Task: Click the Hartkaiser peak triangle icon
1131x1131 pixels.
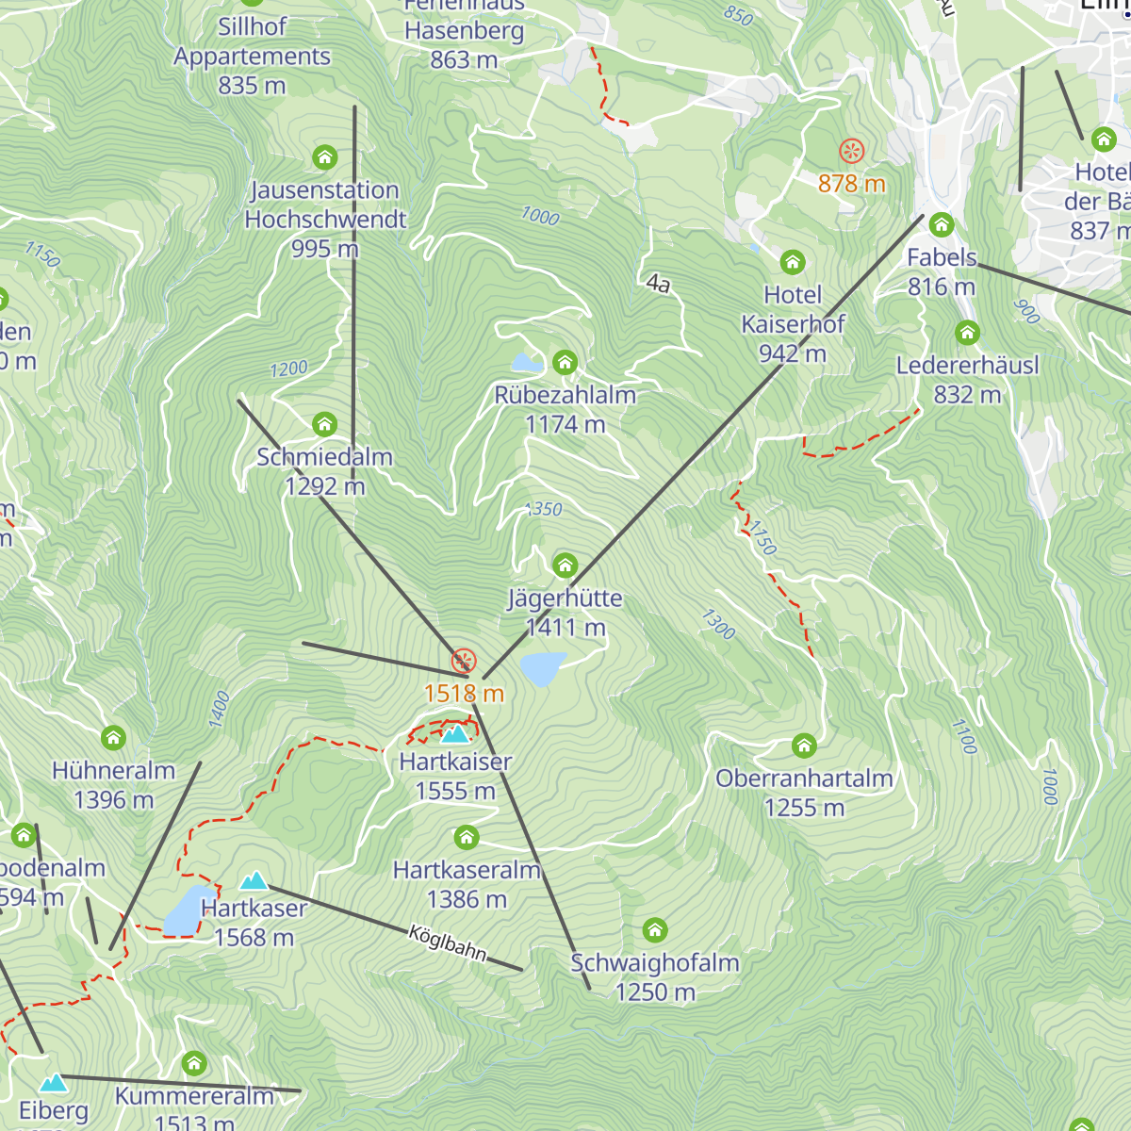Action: [455, 733]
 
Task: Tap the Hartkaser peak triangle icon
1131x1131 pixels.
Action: [254, 881]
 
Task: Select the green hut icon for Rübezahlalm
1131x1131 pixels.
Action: [565, 362]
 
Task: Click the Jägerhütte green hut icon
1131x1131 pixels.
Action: [565, 565]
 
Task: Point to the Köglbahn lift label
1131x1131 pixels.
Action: [448, 943]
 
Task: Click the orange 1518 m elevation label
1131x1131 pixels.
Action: [464, 694]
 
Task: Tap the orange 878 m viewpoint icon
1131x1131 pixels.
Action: [851, 151]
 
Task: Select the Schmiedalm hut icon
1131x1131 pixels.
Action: [324, 424]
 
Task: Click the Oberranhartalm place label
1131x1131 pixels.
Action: [804, 779]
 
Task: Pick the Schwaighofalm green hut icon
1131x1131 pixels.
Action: [655, 930]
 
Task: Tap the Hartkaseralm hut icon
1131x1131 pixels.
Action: [467, 837]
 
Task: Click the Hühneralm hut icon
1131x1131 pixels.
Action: [113, 737]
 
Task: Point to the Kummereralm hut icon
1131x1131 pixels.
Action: [194, 1063]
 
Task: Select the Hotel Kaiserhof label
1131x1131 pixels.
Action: [793, 310]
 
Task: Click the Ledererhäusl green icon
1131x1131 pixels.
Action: [967, 333]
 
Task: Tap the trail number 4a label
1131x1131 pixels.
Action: [658, 283]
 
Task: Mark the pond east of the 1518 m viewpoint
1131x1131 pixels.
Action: [542, 668]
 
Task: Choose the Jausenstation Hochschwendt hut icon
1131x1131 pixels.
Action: [324, 156]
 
